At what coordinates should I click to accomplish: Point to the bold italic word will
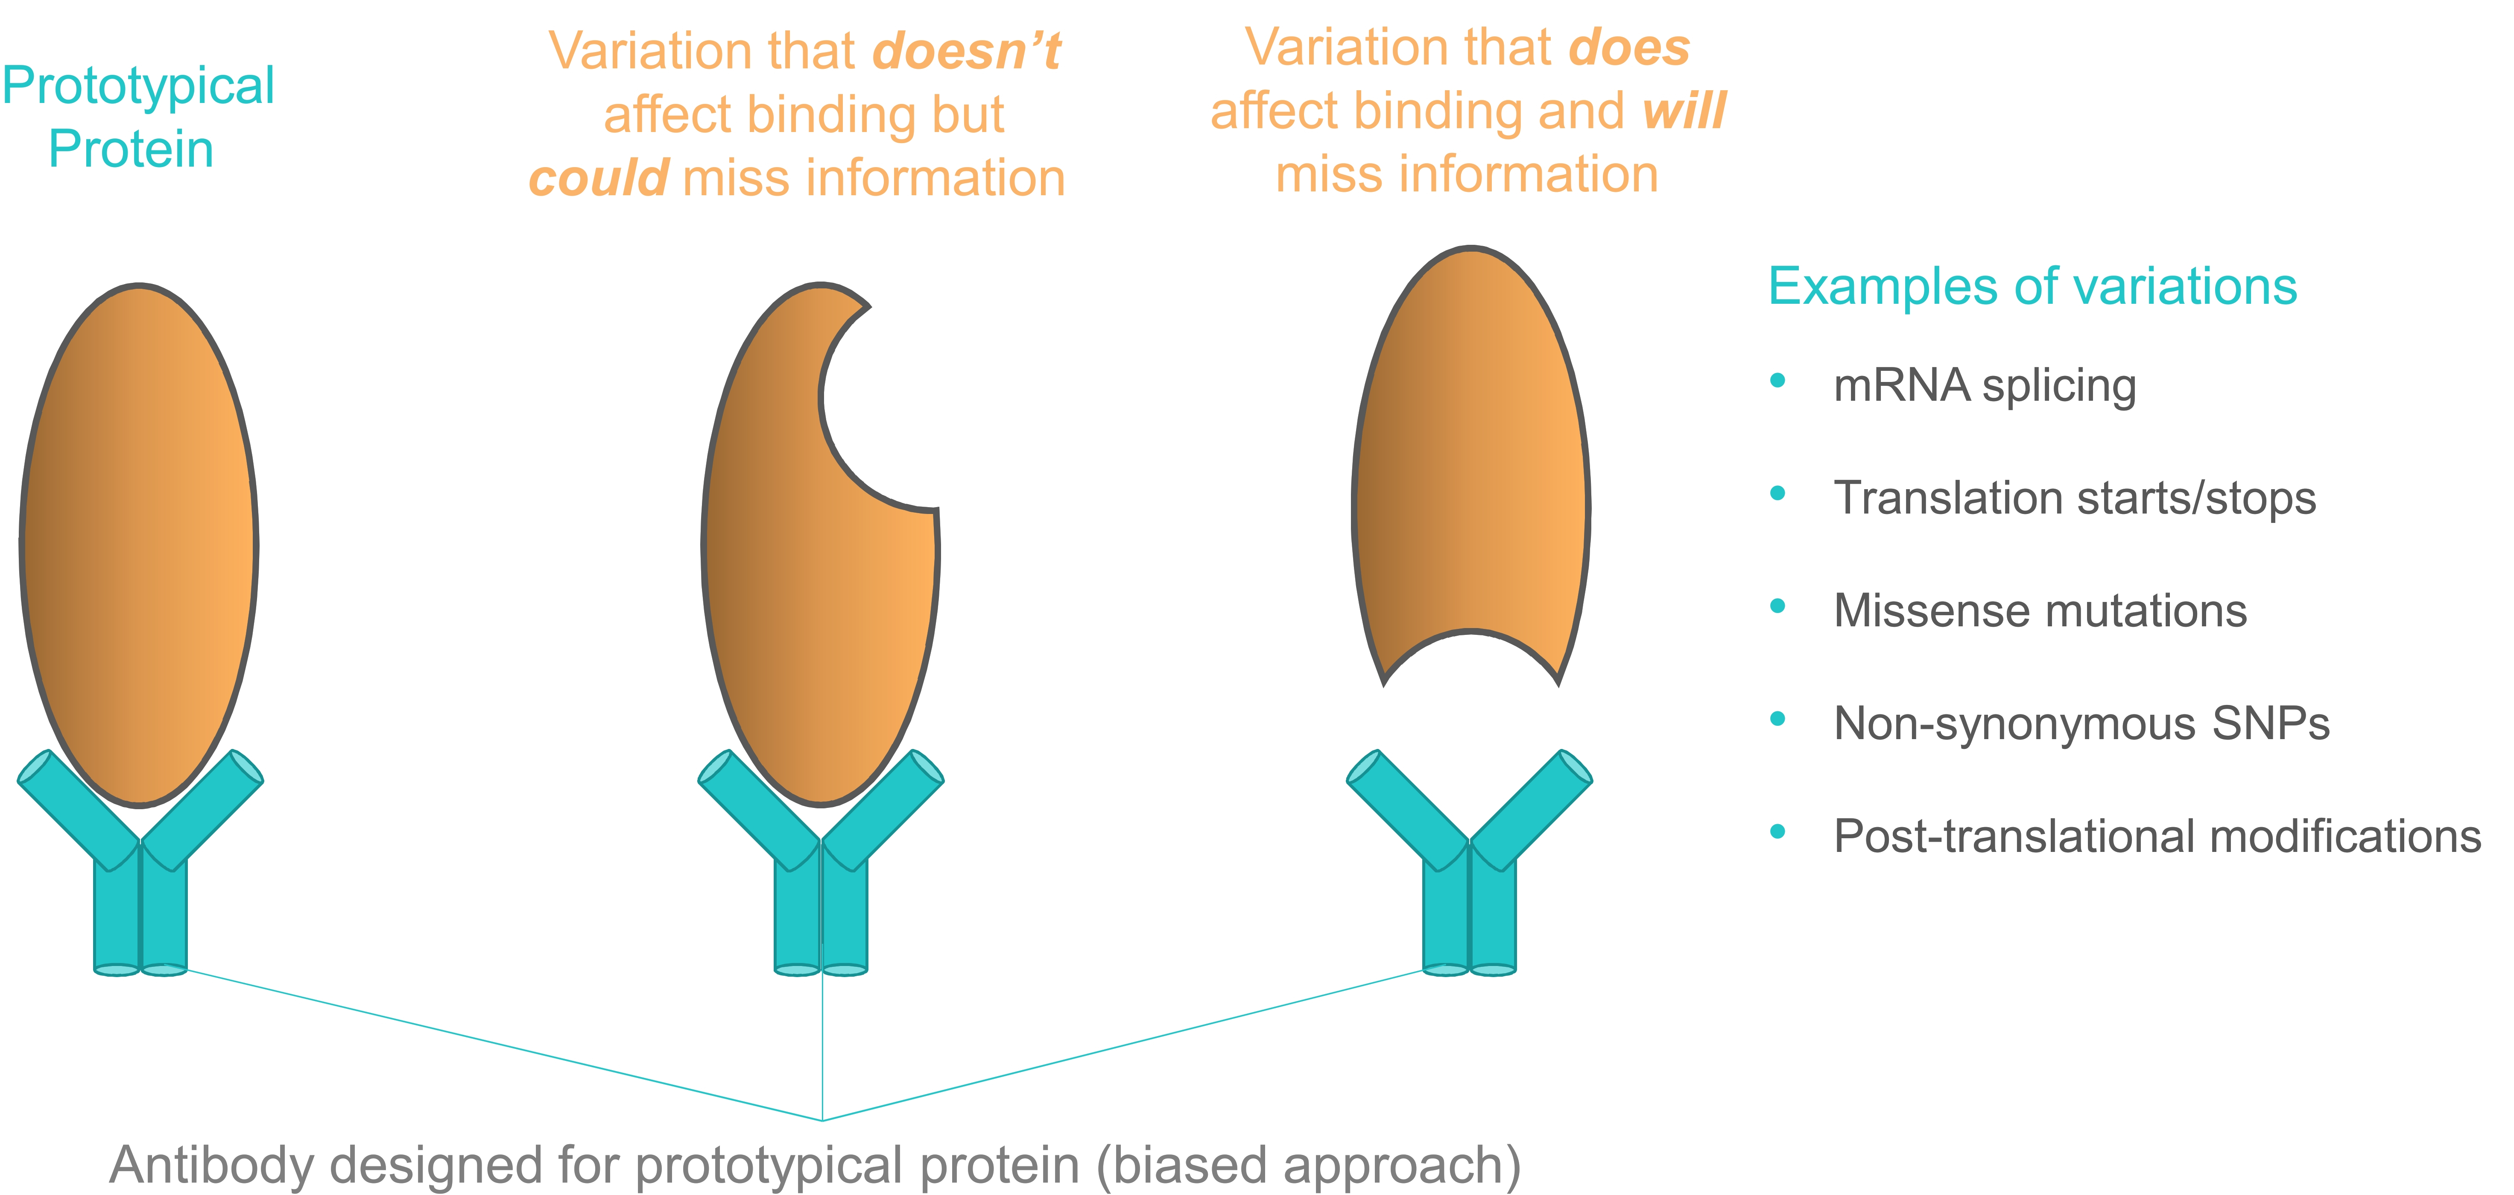(x=1684, y=110)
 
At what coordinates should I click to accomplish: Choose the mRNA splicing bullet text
(x=1985, y=386)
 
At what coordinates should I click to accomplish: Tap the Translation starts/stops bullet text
(x=2075, y=498)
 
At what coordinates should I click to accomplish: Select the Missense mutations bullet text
(x=2040, y=611)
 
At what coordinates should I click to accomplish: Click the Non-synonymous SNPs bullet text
(x=2081, y=723)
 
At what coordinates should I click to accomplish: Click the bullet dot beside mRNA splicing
(x=1778, y=381)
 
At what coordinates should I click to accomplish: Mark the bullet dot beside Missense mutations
(x=1778, y=606)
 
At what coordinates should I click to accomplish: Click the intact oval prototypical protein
(x=139, y=546)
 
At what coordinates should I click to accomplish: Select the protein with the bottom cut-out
(x=1471, y=467)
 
